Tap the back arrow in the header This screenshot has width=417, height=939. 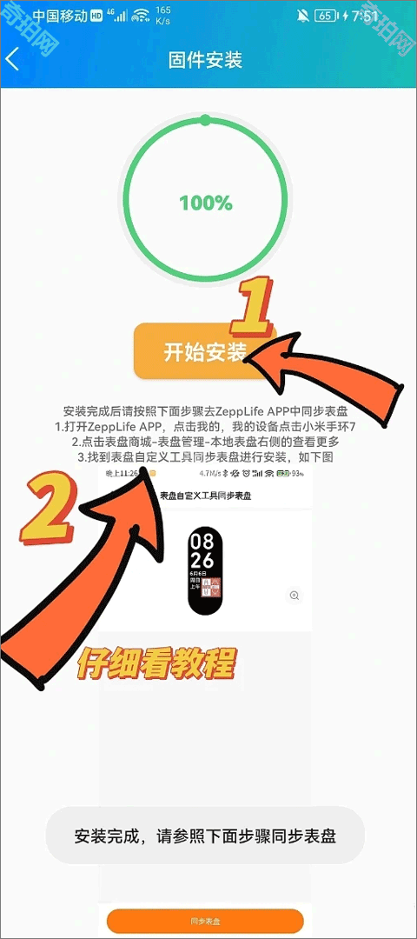pos(12,59)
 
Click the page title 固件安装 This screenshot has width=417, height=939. pos(205,60)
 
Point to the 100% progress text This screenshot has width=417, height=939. pos(206,203)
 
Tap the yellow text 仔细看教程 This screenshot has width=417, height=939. pos(156,664)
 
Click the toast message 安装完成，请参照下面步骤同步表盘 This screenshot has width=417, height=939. pos(205,836)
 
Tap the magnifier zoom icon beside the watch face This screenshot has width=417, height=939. pos(295,596)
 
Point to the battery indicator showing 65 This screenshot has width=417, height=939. pos(325,17)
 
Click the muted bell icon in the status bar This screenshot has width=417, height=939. pos(302,17)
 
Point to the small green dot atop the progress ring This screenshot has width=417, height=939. pos(205,120)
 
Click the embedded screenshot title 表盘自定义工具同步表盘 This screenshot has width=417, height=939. pos(205,496)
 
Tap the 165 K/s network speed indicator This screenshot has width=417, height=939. pos(163,16)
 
